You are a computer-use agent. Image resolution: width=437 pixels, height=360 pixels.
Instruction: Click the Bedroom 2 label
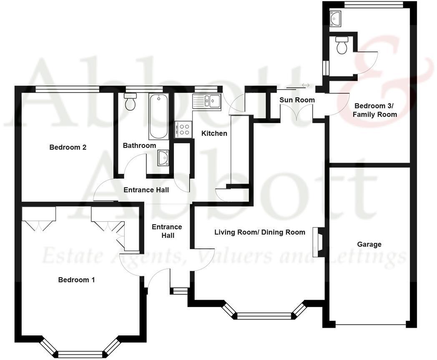tap(68, 147)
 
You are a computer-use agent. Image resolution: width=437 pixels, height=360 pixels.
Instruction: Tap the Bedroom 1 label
tap(76, 280)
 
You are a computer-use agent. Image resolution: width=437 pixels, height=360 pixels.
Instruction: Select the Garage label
tap(369, 244)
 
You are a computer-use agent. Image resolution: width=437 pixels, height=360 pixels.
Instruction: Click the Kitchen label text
tap(214, 133)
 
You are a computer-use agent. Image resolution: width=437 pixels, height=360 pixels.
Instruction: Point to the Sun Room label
tap(297, 100)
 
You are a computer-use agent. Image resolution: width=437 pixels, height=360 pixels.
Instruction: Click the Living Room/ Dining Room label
tap(259, 232)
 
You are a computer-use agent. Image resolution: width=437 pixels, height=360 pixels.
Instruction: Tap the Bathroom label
tap(139, 145)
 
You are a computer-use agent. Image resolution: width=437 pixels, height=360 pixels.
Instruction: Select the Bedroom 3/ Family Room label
tap(374, 110)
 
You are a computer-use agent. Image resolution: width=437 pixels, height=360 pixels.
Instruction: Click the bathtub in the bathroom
tap(158, 117)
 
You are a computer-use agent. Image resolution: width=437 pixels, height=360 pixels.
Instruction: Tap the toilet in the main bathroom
tap(131, 102)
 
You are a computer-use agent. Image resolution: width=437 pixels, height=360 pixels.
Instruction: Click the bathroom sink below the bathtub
tap(163, 158)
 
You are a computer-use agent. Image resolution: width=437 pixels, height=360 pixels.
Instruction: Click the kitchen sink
tap(207, 101)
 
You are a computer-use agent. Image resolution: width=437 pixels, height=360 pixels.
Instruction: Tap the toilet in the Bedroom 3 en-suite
tap(342, 45)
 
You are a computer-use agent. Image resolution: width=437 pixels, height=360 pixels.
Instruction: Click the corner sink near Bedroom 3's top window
tap(336, 18)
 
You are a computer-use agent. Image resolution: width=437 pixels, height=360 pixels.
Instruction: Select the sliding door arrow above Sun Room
tap(306, 85)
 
